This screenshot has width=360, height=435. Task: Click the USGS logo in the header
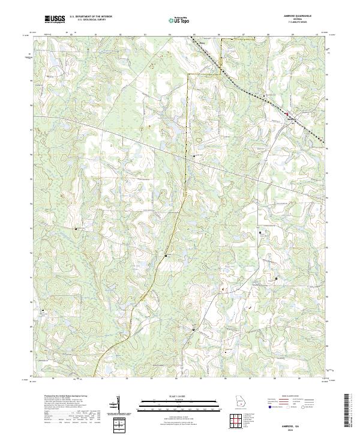click(55, 20)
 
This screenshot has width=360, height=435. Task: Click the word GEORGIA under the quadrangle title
click(303, 21)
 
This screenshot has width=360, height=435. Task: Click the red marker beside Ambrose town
click(287, 113)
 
